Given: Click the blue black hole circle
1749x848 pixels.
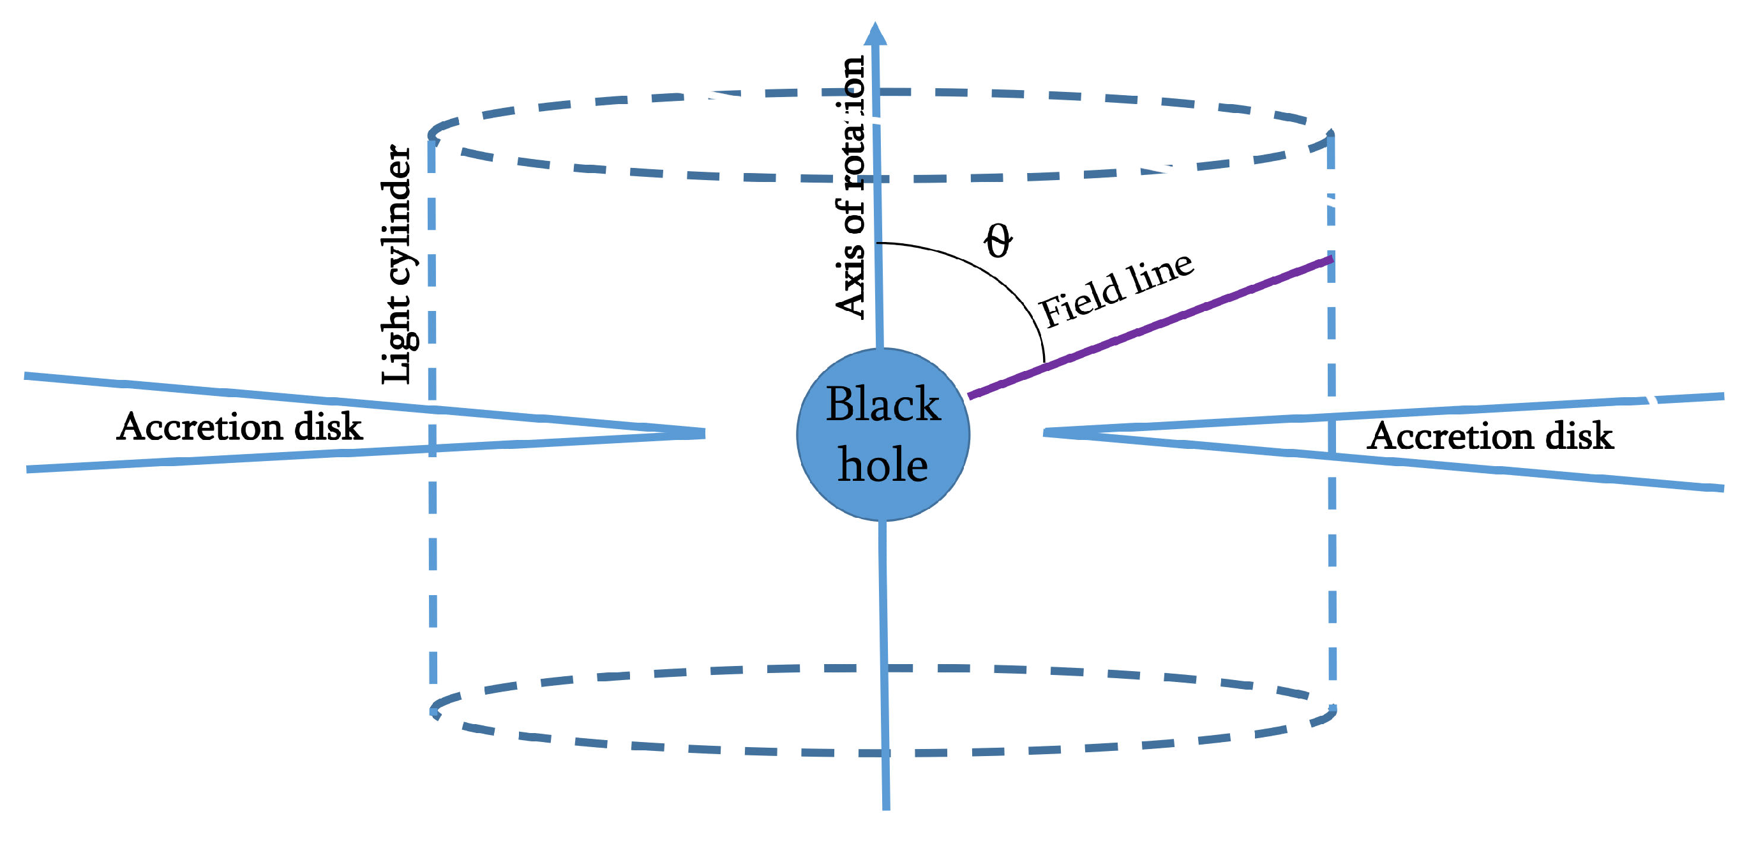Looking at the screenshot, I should point(883,434).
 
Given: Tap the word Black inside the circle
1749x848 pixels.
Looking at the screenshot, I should point(883,405).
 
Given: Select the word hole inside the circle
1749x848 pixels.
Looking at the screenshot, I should point(883,466).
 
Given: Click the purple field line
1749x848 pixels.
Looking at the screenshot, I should point(1148,326).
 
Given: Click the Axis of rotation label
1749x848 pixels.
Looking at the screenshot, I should point(851,186).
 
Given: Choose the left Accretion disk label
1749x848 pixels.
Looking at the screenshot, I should point(239,427).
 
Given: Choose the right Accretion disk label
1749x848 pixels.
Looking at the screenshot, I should point(1490,436).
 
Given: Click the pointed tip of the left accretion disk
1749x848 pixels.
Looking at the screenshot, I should point(703,433).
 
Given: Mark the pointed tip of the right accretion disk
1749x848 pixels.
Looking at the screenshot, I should point(1046,432).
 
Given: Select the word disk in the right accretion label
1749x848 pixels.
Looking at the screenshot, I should point(1579,436).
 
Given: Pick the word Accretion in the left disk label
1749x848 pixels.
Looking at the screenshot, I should point(200,427).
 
